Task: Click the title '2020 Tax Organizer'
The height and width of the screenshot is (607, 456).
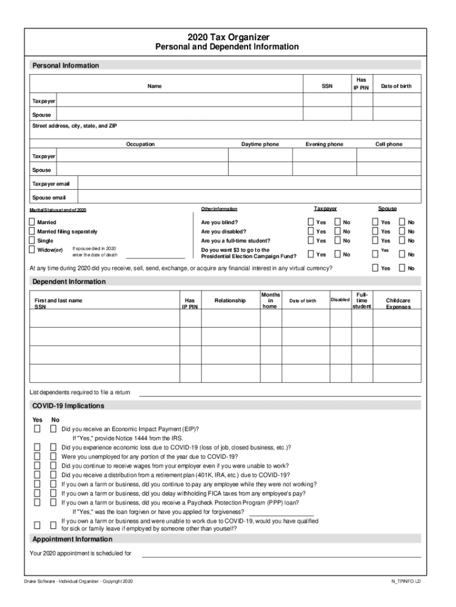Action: click(x=227, y=37)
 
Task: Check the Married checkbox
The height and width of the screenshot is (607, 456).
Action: click(x=33, y=222)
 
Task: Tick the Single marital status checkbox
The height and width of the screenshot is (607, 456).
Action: click(x=33, y=241)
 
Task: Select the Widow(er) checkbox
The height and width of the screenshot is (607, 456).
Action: click(x=33, y=250)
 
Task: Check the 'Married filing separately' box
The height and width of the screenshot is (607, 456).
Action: click(x=33, y=231)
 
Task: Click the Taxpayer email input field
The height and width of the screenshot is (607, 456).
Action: click(x=249, y=184)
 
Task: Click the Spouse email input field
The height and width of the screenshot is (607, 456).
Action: click(x=249, y=197)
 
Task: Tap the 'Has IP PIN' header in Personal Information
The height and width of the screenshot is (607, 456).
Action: click(x=361, y=83)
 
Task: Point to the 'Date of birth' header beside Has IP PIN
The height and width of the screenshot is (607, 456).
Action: click(x=396, y=87)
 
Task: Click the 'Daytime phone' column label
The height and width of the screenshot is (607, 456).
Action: click(x=259, y=144)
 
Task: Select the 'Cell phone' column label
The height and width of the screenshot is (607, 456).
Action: click(x=388, y=144)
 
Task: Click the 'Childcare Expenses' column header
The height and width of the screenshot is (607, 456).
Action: click(x=397, y=303)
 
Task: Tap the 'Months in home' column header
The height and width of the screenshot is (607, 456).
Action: click(x=270, y=300)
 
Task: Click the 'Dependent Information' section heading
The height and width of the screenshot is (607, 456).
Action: click(x=69, y=281)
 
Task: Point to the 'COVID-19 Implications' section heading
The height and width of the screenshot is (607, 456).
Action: click(x=68, y=406)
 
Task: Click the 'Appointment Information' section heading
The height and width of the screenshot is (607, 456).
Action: click(x=72, y=539)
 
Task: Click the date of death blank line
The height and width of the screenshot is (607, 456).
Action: click(x=155, y=256)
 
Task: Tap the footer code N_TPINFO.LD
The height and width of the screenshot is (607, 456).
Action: click(x=402, y=582)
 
